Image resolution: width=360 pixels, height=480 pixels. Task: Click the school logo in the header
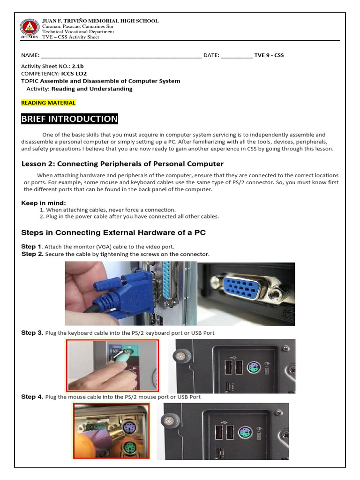29,29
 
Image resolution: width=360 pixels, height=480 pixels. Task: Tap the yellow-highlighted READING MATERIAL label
48,103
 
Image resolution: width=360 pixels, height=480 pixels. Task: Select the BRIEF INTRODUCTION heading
69,119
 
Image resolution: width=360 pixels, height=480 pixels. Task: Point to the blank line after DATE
236,55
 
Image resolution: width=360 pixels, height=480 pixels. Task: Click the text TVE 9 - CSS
269,55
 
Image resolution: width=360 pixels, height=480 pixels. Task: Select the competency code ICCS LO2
74,74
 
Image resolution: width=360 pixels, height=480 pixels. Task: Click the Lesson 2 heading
122,164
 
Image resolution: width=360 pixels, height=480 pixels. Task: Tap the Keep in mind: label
44,203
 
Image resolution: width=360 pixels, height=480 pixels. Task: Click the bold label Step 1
31,247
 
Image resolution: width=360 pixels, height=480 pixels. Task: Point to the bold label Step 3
32,333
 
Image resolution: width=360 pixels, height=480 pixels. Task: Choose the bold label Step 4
32,397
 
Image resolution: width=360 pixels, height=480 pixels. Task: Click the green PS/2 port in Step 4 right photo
243,431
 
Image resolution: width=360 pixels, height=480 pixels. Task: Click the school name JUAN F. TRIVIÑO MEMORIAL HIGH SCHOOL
100,21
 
